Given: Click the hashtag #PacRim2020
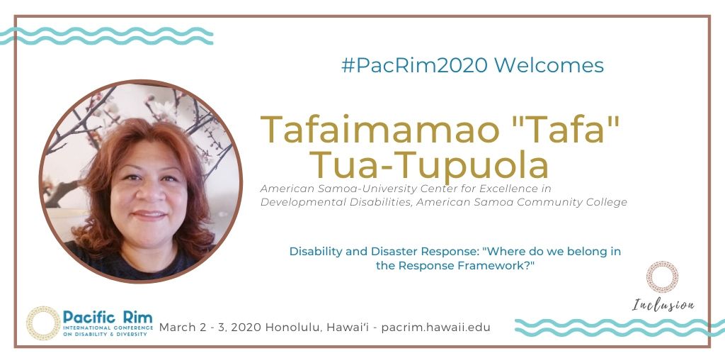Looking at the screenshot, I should [x=414, y=65].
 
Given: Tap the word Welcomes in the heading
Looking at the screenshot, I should [x=549, y=65].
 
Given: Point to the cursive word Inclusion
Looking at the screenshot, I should [x=663, y=306].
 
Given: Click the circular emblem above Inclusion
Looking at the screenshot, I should [x=663, y=277].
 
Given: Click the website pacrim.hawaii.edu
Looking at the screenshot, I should [x=435, y=328].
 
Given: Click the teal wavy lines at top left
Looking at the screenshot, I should [x=106, y=35].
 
